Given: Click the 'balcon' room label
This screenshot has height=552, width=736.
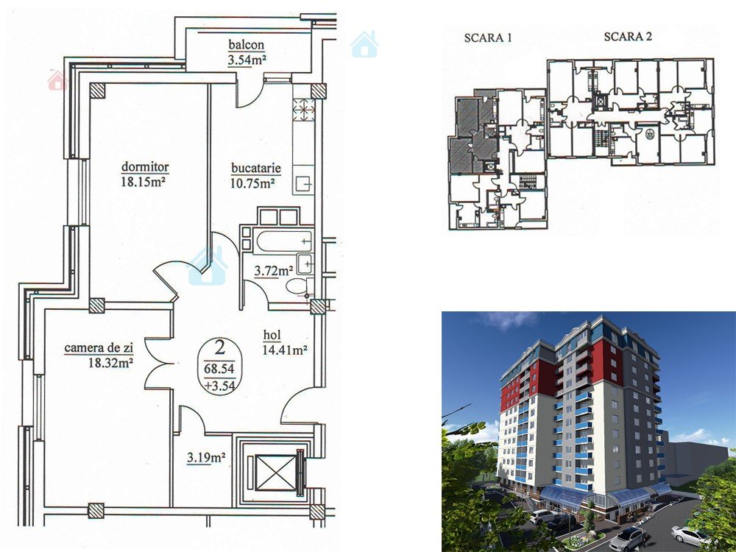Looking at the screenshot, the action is point(247,45).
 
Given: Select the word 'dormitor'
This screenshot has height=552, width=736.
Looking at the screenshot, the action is point(145,166).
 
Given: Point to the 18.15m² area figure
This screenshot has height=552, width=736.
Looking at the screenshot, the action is point(144,182).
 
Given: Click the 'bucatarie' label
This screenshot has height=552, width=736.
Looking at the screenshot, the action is point(256,168).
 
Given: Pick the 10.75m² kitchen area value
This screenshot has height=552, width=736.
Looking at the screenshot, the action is point(252,183).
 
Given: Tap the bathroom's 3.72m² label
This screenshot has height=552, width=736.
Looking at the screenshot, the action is point(274,271).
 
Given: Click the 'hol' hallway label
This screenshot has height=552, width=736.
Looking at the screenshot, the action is point(272,335).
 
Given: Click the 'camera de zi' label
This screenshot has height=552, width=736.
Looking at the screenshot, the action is point(99,348).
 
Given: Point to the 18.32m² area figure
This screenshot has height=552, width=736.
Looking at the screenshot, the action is point(111,362).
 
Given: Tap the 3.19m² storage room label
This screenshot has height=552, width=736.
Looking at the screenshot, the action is point(206,457).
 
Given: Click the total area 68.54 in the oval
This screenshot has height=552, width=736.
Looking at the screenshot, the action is point(219,369).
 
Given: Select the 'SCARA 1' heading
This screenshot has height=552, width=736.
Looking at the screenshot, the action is point(488,38).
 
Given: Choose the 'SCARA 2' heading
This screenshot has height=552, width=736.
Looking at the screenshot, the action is point(628,37).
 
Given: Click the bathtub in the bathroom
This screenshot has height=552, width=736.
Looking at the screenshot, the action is point(284,241).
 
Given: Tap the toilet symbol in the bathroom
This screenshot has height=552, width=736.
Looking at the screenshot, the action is point(297,286).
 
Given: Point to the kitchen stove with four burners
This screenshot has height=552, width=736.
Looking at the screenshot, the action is point(303,110).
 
